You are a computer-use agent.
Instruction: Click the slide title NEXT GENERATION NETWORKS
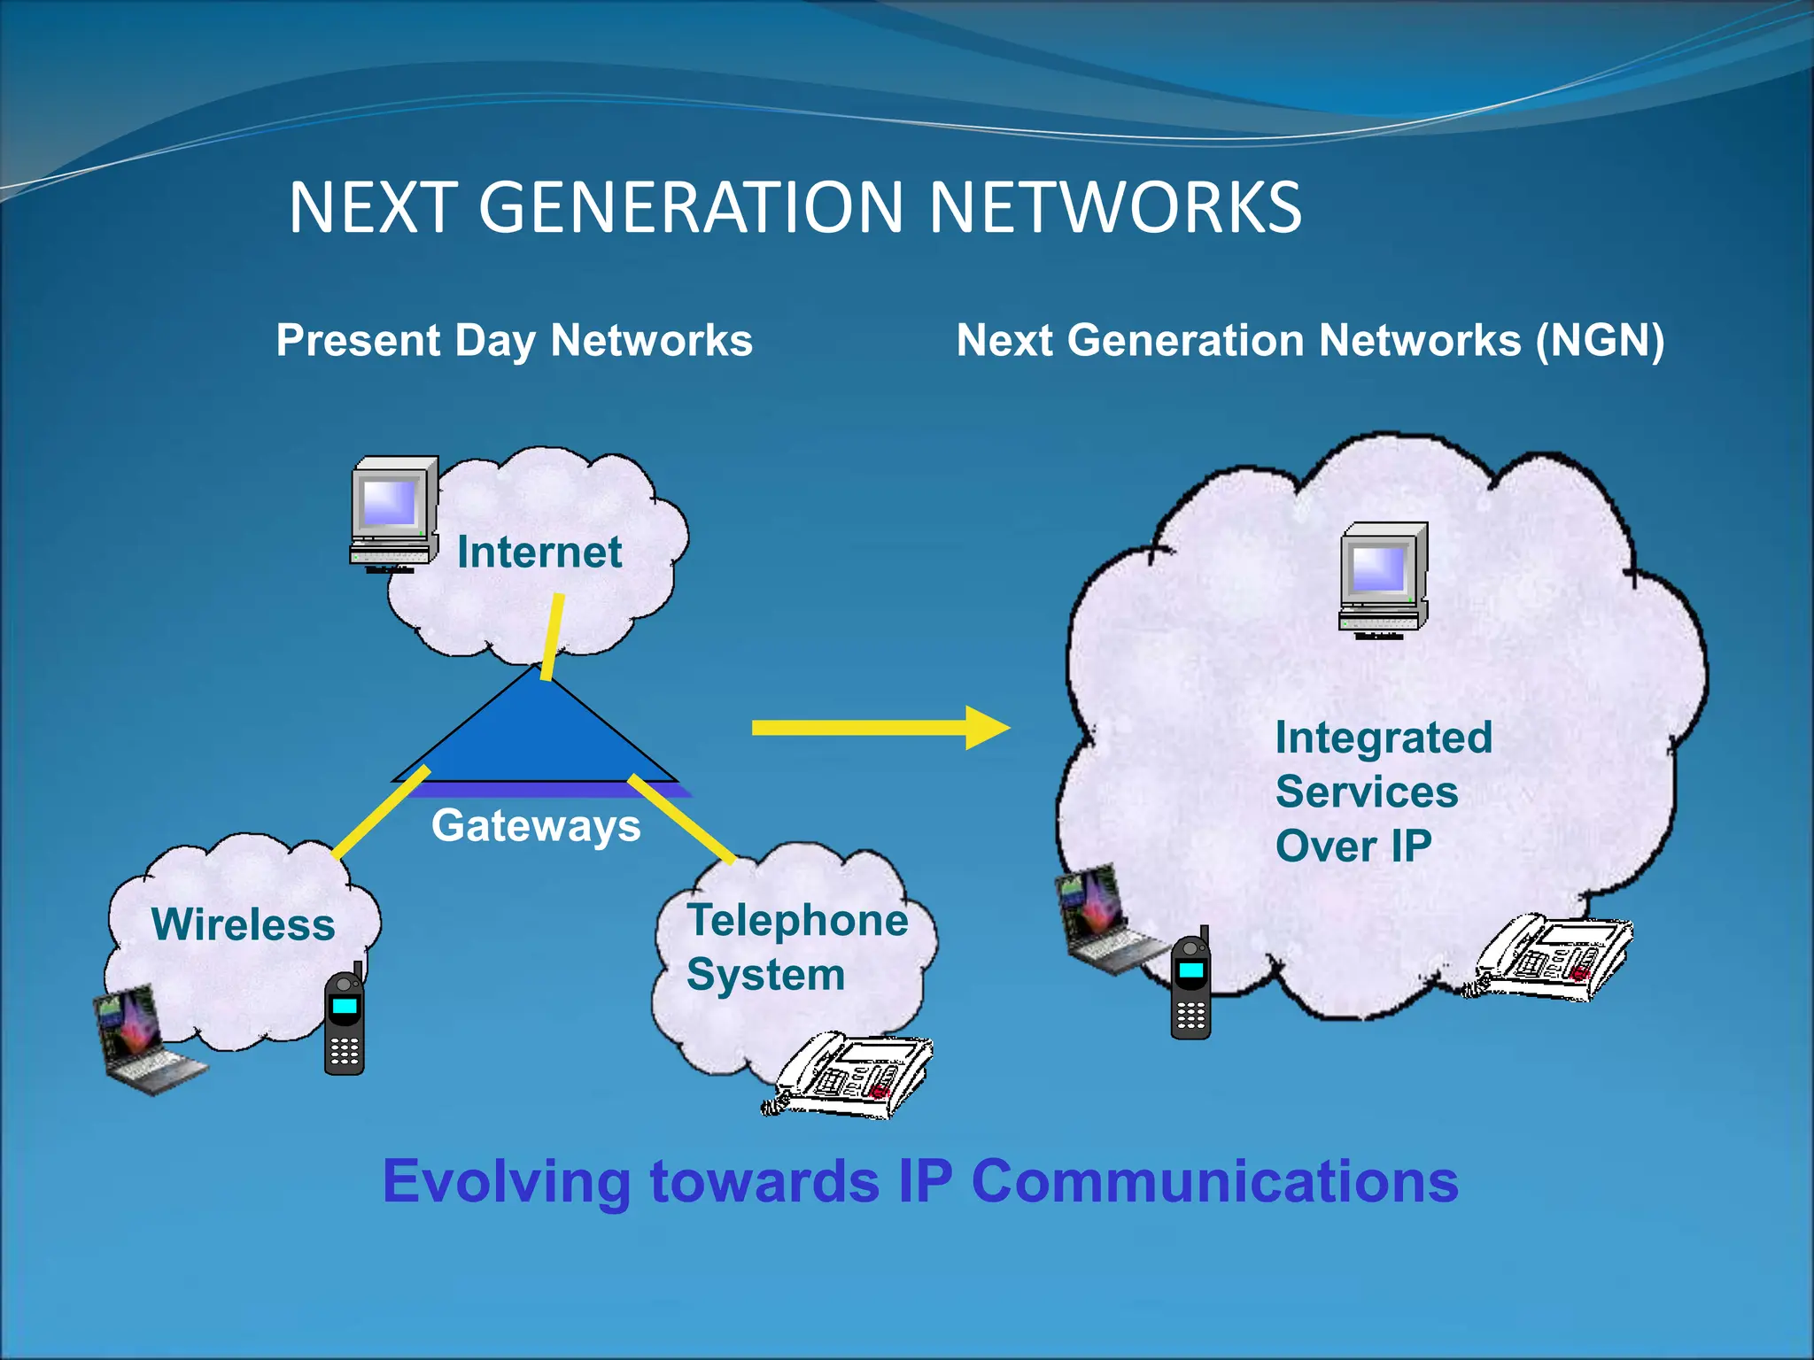tap(795, 208)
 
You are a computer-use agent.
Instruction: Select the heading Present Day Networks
tap(514, 341)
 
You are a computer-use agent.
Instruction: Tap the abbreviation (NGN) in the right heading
tap(1600, 341)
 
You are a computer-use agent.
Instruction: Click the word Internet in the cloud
tap(539, 552)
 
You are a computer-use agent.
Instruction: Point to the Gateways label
tap(536, 826)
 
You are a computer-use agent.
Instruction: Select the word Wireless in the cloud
tap(243, 924)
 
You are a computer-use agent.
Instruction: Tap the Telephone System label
tap(797, 947)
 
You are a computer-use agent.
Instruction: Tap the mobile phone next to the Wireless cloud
tap(345, 1023)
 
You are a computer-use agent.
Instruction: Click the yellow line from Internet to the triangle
tap(553, 636)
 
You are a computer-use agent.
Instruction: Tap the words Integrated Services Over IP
tap(1383, 792)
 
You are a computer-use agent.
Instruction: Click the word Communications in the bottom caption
tap(1214, 1182)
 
